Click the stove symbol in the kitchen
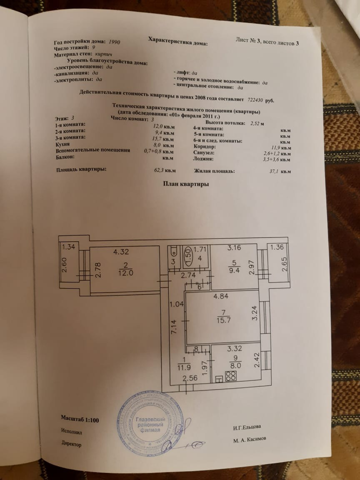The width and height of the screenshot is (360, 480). [231, 376]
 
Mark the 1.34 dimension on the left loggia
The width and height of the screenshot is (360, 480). [68, 247]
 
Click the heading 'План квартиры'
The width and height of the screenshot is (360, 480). [186, 184]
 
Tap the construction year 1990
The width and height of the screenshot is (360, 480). [115, 42]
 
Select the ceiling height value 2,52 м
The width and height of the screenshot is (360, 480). [257, 123]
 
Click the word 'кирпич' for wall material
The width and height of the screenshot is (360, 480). [102, 55]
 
